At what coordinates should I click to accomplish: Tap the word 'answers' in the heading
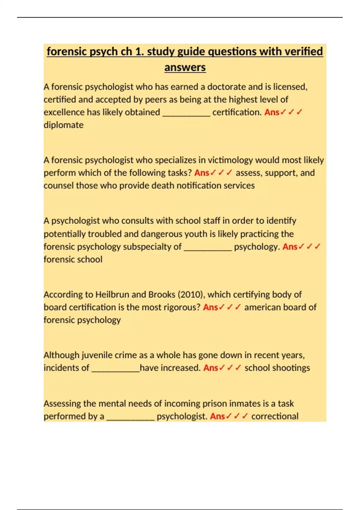tap(185, 67)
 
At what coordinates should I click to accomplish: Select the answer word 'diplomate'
tap(64, 125)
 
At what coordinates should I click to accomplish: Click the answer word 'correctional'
tap(275, 416)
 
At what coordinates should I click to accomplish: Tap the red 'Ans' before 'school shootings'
tap(211, 368)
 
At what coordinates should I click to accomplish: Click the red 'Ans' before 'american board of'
tap(210, 307)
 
